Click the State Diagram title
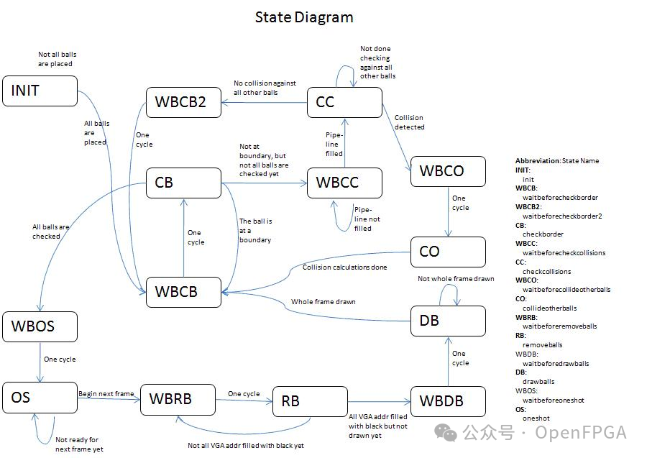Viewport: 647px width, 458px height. (x=304, y=17)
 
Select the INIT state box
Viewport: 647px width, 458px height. (x=40, y=91)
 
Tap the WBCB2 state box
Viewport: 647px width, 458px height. (x=183, y=102)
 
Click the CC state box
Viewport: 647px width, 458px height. (x=344, y=102)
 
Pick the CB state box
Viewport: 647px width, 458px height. (x=183, y=183)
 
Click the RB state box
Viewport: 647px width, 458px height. (x=310, y=400)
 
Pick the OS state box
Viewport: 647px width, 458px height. (x=40, y=397)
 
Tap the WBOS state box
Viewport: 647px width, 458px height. (x=40, y=326)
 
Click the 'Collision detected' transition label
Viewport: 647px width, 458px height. (x=409, y=122)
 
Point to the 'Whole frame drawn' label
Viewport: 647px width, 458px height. (x=323, y=301)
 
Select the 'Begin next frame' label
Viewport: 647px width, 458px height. (x=106, y=394)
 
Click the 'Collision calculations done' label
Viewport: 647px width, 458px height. (x=344, y=267)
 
